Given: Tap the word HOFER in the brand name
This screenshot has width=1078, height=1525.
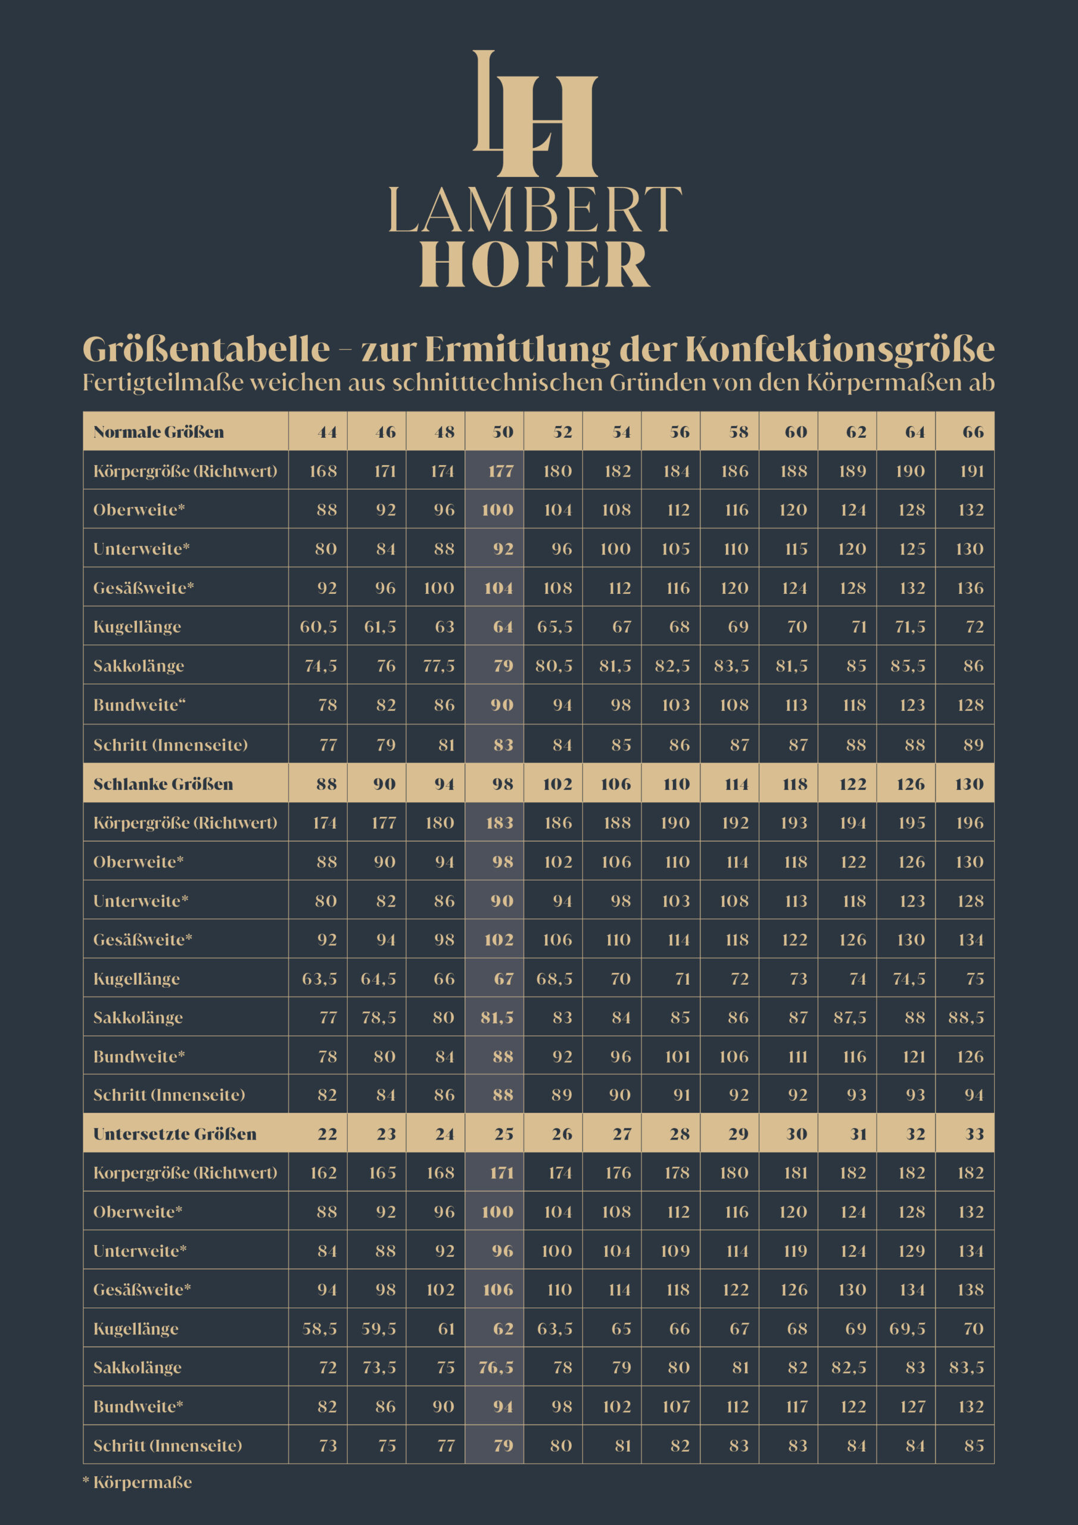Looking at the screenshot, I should coord(535,264).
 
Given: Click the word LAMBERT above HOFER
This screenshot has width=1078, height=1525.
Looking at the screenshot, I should coord(535,210).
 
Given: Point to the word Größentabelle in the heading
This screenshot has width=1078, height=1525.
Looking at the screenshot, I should coord(206,349).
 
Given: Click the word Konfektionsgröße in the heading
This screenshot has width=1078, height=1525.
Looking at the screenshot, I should coord(840,349).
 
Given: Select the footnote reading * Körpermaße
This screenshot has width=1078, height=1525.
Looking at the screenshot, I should coord(138,1482).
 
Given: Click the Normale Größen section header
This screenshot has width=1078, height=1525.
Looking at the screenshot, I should coord(159,432).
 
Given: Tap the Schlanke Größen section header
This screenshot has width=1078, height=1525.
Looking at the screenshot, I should coord(163,784).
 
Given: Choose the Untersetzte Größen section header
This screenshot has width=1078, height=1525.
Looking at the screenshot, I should coord(175,1134).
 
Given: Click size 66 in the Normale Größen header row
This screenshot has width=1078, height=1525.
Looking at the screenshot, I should coord(973,432).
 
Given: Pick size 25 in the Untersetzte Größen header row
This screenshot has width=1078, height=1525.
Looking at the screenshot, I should coord(503,1134).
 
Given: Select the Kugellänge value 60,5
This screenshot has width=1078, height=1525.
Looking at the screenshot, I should coord(319,626).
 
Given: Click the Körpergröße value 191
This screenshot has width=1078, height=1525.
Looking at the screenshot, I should coord(972,471).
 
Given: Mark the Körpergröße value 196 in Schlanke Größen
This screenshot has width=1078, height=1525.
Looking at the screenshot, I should coord(970,822).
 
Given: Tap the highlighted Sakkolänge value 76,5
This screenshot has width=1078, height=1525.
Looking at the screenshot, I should coord(496,1367).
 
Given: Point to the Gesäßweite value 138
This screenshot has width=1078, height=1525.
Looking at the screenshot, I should coord(970,1289).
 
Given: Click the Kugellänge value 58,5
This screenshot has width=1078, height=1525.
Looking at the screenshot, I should coord(319,1328).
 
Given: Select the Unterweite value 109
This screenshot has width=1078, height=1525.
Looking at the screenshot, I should coord(675,1251).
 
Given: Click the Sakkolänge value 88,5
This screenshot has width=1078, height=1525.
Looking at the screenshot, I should coord(967,1017).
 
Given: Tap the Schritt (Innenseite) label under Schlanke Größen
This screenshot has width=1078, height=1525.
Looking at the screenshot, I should coord(169,1094).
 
